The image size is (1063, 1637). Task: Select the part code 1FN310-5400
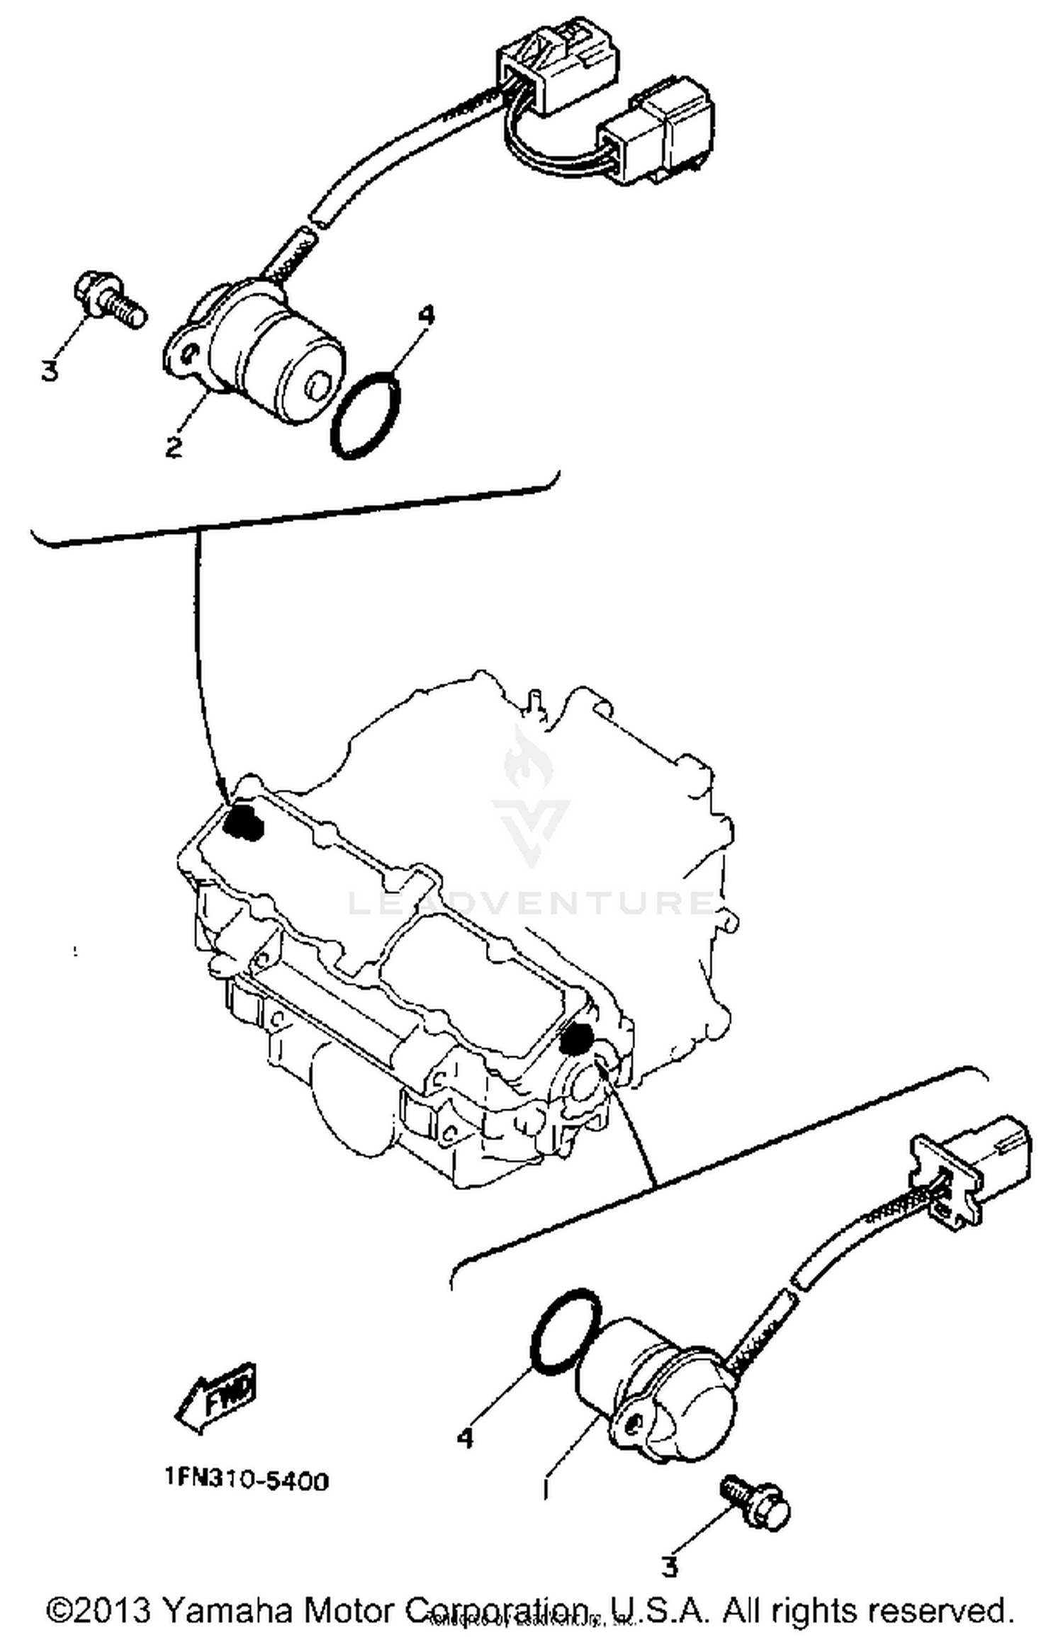[247, 1480]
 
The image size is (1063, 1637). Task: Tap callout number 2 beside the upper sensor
[174, 446]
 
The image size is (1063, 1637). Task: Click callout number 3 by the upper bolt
[48, 370]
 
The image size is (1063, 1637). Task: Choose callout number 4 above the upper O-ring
[427, 317]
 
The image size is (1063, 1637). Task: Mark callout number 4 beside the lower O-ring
[464, 1438]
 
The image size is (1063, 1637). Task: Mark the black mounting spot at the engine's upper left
[242, 822]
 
